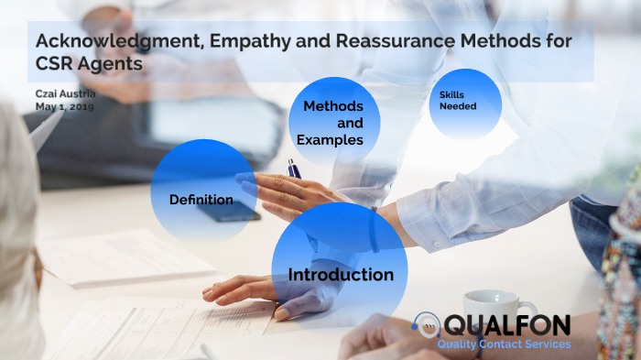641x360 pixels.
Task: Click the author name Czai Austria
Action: [x=67, y=93]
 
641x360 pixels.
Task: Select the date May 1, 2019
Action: [x=65, y=106]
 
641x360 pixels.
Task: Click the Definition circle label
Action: [x=201, y=200]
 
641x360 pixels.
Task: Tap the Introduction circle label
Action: [x=341, y=275]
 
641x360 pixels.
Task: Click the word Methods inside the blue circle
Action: [x=327, y=107]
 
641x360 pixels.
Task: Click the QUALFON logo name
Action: [x=506, y=325]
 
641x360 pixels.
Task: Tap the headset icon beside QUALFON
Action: [x=425, y=325]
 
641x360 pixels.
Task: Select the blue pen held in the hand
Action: [x=294, y=169]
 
